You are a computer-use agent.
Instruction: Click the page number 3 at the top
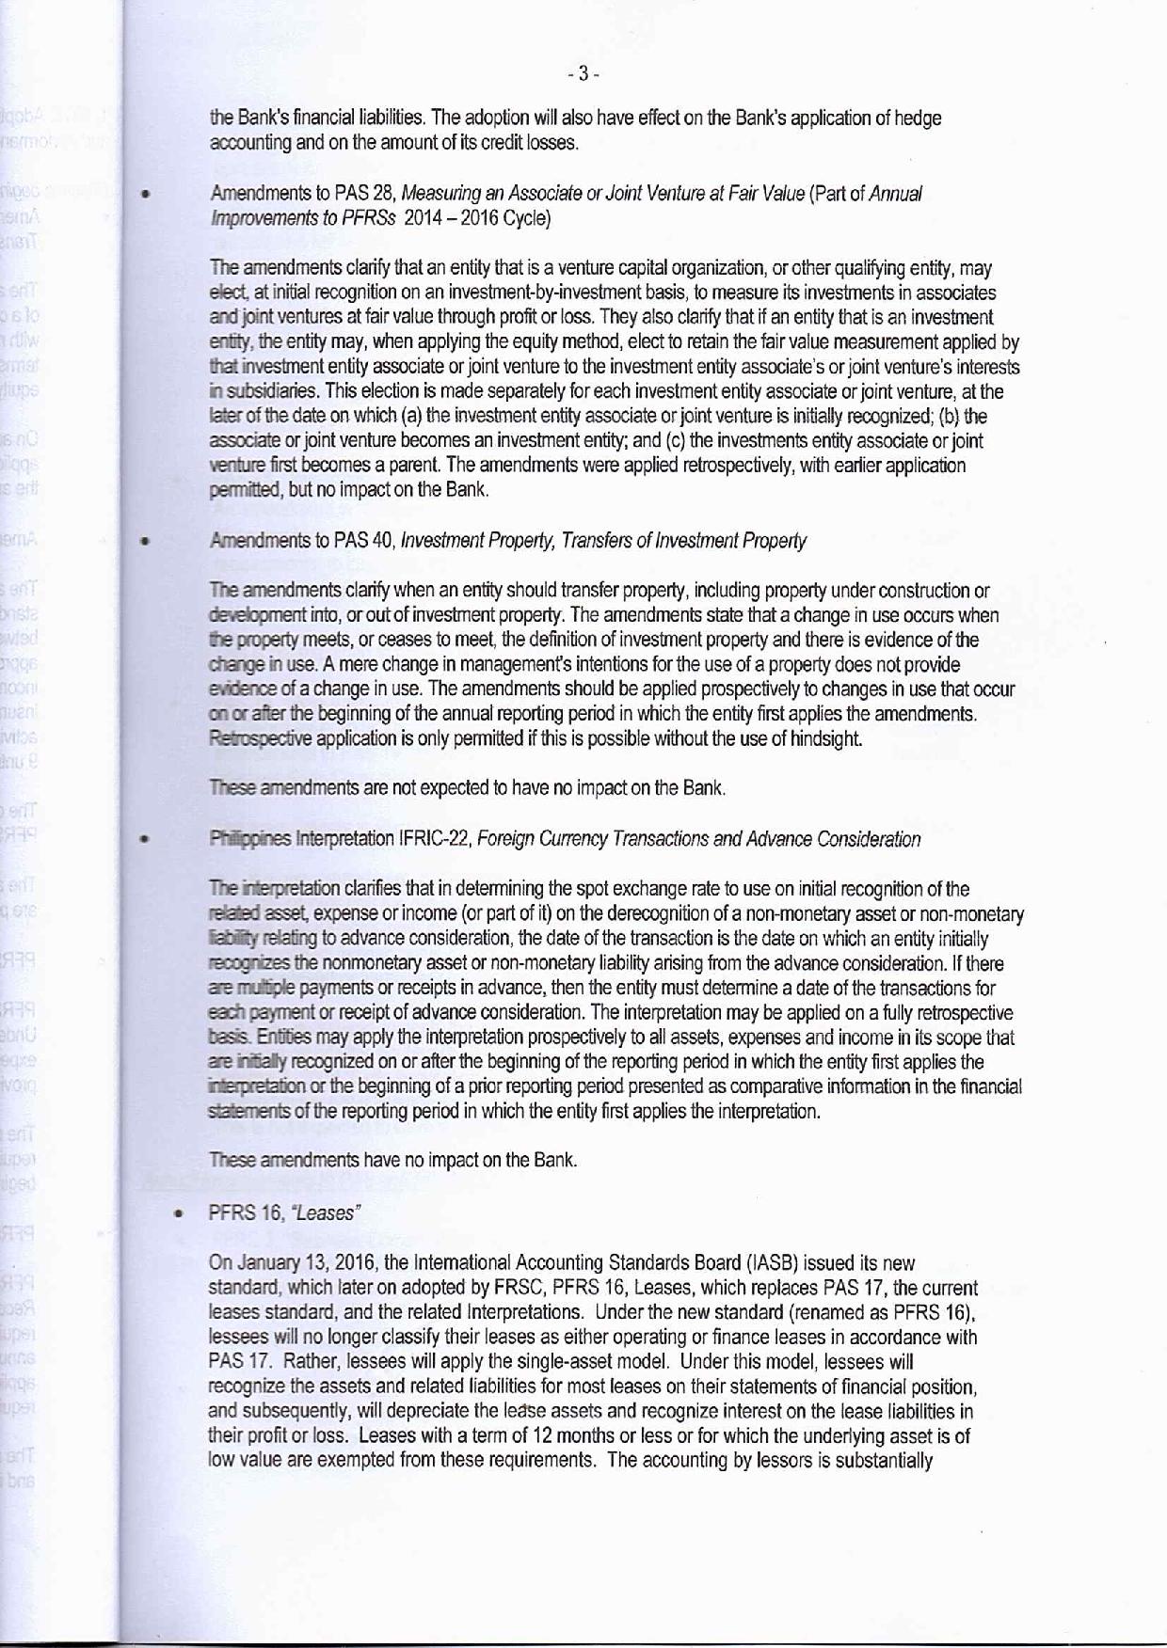coord(583,73)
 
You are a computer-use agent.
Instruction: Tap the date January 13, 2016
coord(282,1262)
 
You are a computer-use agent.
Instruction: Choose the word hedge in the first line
coord(919,119)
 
